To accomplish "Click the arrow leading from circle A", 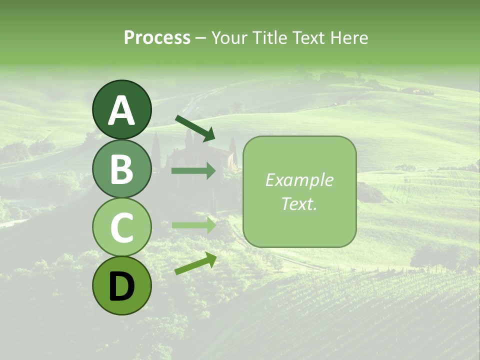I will click(195, 127).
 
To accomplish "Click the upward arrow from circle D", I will click(195, 263).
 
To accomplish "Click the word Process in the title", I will click(157, 37).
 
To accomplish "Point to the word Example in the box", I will click(299, 180).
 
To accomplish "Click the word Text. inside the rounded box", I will click(299, 203).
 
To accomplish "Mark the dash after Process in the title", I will click(200, 38).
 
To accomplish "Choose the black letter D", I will click(121, 287).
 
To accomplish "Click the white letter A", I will click(121, 110).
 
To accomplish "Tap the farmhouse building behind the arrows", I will click(220, 155).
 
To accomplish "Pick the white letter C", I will click(121, 227).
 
